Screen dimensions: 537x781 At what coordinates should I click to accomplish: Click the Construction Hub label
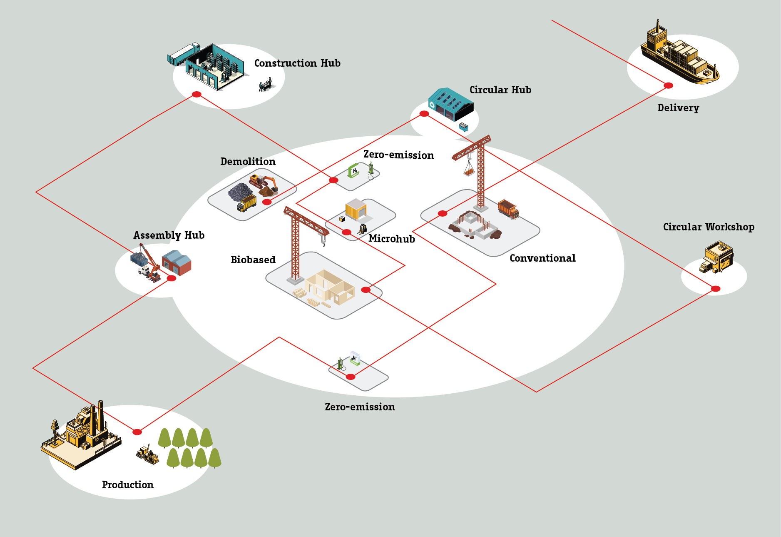click(x=297, y=63)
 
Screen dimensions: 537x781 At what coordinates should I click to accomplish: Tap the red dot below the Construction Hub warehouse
click(x=196, y=95)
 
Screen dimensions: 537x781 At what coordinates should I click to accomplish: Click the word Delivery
click(x=678, y=108)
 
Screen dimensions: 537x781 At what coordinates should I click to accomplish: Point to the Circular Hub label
click(x=500, y=90)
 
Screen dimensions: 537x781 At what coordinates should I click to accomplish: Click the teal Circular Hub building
click(x=450, y=104)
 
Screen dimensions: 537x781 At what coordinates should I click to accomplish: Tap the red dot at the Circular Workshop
click(x=715, y=289)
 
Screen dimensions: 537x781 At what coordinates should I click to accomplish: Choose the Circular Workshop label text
click(x=709, y=227)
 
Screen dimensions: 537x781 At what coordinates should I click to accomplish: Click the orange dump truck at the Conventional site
click(x=508, y=209)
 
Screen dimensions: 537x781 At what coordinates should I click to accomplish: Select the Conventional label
click(x=542, y=258)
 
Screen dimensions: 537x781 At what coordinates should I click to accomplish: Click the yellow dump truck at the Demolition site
click(x=246, y=203)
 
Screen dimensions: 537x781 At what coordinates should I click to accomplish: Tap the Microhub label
click(x=391, y=239)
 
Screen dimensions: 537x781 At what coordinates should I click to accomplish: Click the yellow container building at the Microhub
click(x=356, y=209)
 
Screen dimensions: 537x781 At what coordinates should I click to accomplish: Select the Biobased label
click(x=253, y=260)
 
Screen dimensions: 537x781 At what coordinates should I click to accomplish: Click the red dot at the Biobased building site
click(x=366, y=290)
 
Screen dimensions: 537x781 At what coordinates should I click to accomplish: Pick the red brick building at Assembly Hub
click(x=177, y=262)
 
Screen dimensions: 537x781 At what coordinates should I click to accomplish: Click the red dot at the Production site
click(x=137, y=432)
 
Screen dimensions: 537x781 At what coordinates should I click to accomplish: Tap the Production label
click(x=128, y=485)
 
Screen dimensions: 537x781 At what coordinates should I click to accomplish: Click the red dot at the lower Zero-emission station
click(x=351, y=377)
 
